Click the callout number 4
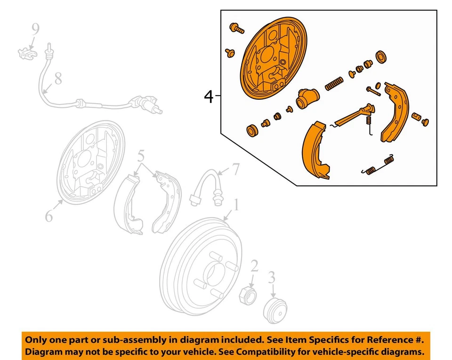pos(209,97)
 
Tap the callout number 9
pos(35,29)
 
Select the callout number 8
pos(58,79)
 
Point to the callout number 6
pos(49,216)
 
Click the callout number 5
pos(141,157)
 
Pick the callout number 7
pos(235,168)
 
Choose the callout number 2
pos(254,267)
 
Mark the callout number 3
pos(272,278)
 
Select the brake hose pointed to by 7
pos(207,189)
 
